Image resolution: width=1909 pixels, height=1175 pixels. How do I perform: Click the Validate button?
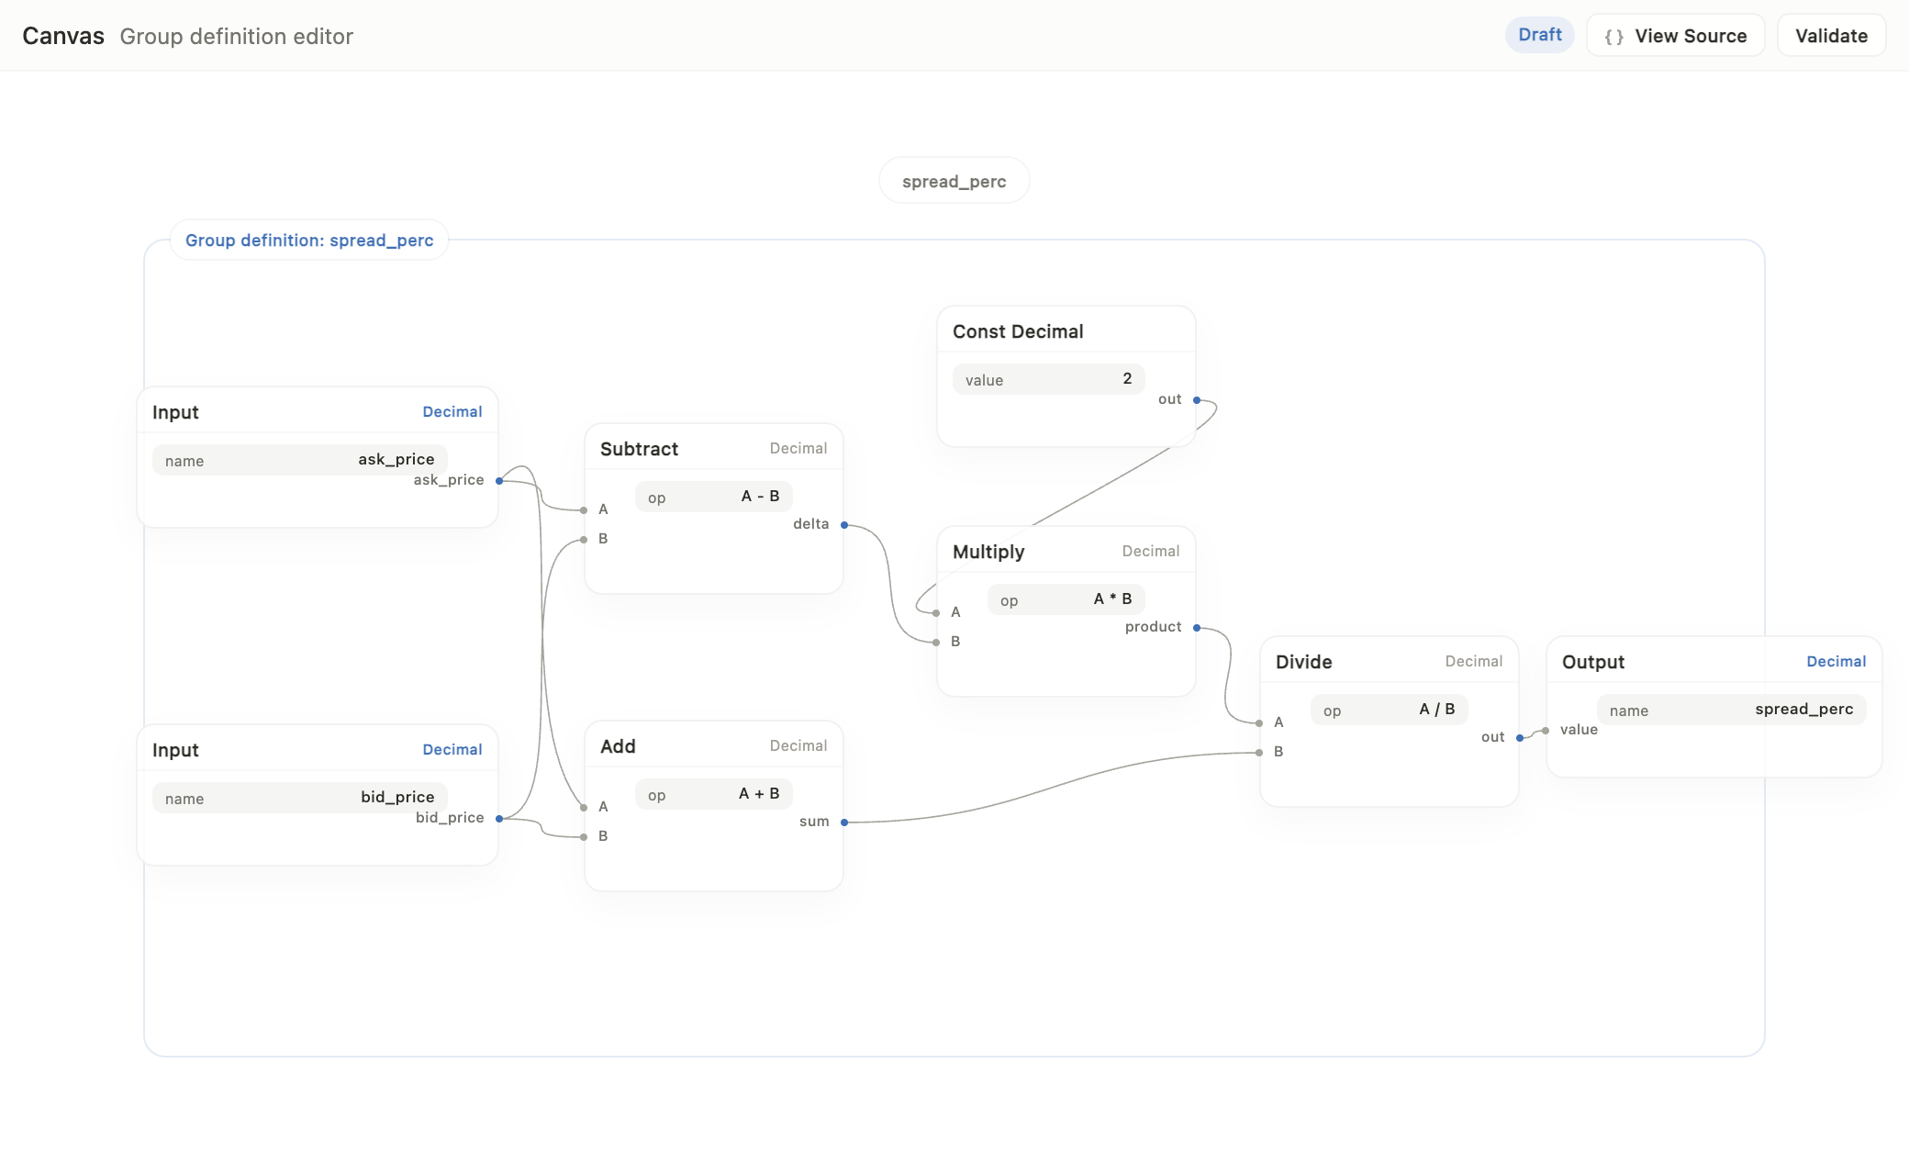click(x=1831, y=36)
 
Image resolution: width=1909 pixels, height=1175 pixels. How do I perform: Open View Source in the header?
click(x=1675, y=36)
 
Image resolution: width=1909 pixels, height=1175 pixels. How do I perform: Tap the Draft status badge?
click(x=1540, y=35)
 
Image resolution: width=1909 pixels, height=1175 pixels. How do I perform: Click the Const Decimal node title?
click(x=1018, y=331)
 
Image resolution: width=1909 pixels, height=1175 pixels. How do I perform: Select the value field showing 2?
click(x=1048, y=379)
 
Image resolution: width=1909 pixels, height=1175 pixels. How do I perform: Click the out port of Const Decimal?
click(x=1197, y=400)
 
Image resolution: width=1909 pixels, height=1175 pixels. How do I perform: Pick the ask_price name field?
click(x=300, y=460)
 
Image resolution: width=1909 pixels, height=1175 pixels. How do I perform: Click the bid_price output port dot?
click(x=499, y=819)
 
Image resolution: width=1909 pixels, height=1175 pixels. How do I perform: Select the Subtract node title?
click(x=639, y=449)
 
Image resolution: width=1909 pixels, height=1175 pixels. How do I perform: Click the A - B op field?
click(x=714, y=497)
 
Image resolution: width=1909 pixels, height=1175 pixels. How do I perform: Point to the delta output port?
click(x=844, y=525)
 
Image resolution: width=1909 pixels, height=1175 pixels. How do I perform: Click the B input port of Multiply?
click(x=936, y=643)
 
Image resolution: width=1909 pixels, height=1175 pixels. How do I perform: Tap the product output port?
click(x=1197, y=628)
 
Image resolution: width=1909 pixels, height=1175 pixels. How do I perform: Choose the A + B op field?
click(x=714, y=794)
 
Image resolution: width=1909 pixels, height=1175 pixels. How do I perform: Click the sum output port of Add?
click(x=844, y=822)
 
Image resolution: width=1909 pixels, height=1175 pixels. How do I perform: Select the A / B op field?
click(x=1390, y=710)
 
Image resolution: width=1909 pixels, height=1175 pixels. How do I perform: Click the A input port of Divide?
click(x=1259, y=723)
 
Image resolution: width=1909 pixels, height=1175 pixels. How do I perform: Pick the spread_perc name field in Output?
click(x=1732, y=710)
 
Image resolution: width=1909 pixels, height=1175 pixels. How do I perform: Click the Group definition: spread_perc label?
click(x=309, y=241)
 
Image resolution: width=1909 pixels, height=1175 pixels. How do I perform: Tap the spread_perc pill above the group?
click(x=954, y=181)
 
